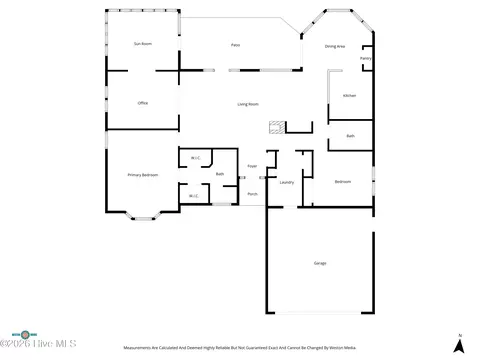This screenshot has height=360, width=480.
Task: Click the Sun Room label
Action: [x=143, y=44]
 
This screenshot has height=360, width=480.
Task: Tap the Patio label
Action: [x=236, y=44]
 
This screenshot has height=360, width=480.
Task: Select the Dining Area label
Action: [x=335, y=47]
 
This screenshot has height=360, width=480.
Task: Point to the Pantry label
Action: [x=366, y=58]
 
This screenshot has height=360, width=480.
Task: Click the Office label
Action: [x=143, y=104]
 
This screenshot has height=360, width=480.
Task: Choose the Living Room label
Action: [x=248, y=104]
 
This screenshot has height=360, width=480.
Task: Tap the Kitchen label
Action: [x=349, y=95]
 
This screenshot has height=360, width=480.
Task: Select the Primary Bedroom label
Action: [x=142, y=175]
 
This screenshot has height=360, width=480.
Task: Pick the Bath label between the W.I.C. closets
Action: [x=219, y=174]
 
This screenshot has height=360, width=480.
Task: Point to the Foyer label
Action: [x=253, y=165]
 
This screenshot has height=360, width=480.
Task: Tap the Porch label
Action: [x=253, y=193]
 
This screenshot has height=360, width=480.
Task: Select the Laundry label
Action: [x=286, y=183]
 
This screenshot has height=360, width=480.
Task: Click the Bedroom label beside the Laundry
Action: [x=343, y=181]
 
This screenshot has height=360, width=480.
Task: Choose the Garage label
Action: [x=320, y=262]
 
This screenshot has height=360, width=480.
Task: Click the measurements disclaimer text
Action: [x=240, y=348]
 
